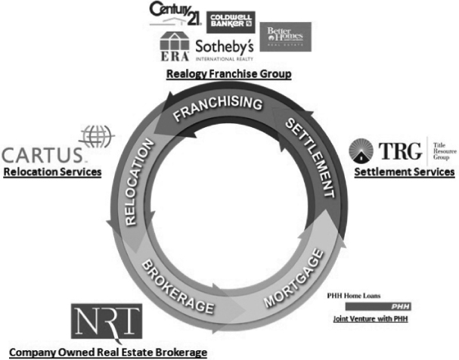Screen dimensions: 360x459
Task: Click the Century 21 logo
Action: pos(175,14)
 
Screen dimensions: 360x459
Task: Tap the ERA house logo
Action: pos(175,47)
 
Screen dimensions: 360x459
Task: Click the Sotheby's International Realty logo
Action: pos(225,50)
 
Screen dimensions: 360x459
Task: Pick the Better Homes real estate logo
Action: pos(285,36)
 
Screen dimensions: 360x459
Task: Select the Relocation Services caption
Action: pos(52,172)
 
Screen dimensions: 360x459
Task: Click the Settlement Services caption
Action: pos(405,172)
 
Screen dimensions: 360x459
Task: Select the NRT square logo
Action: pos(107,323)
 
